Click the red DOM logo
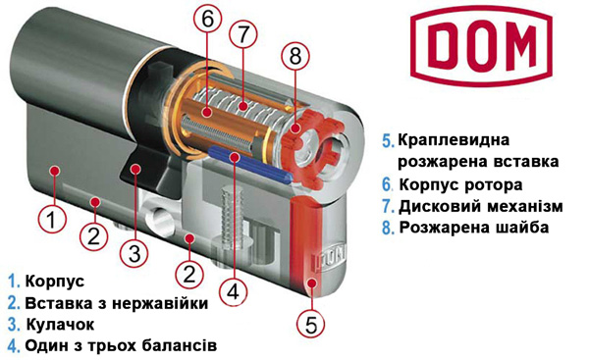[x=481, y=46]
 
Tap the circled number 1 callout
[x=53, y=219]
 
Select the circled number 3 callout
[x=134, y=253]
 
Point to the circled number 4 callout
[x=234, y=291]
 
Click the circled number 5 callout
[x=311, y=323]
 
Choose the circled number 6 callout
[x=208, y=20]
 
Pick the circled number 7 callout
[x=243, y=34]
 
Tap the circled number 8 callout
[x=295, y=56]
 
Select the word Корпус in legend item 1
[x=55, y=282]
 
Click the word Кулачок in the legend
[x=60, y=325]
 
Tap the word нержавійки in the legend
[x=160, y=303]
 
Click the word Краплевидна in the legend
[x=454, y=140]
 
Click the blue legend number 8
[x=388, y=228]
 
